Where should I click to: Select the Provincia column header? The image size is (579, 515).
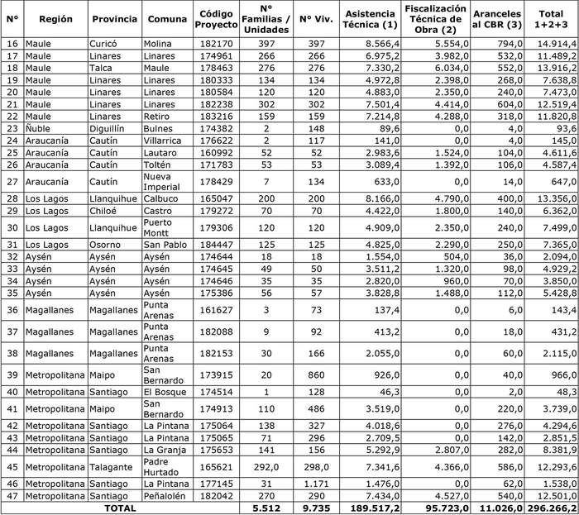[x=115, y=18]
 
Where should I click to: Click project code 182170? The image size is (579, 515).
[x=218, y=42]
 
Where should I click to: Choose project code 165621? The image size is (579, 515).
[x=218, y=466]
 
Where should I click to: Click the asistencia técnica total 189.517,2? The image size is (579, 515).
[x=374, y=508]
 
